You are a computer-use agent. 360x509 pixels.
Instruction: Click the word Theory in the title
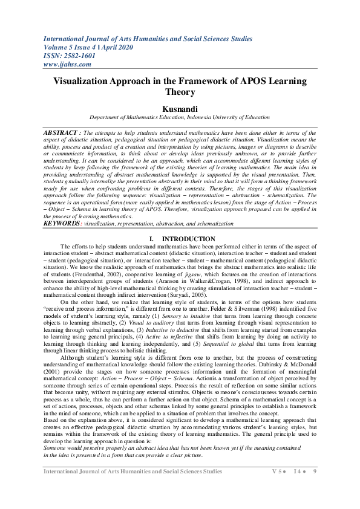[180, 92]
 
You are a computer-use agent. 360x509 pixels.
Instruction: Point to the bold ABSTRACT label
[62, 132]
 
